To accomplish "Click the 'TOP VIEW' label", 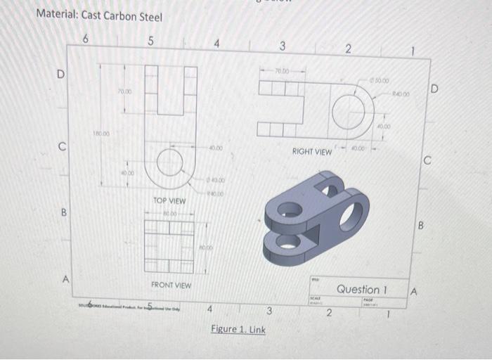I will tap(169, 201).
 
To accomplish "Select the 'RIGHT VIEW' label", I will tap(311, 151).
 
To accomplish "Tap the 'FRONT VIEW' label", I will tap(171, 285).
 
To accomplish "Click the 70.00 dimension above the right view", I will tap(282, 71).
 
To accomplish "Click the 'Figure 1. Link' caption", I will tap(238, 329).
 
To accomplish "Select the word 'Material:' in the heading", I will tap(58, 15).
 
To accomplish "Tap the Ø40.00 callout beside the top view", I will tap(215, 180).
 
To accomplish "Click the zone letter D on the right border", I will tap(434, 89).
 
